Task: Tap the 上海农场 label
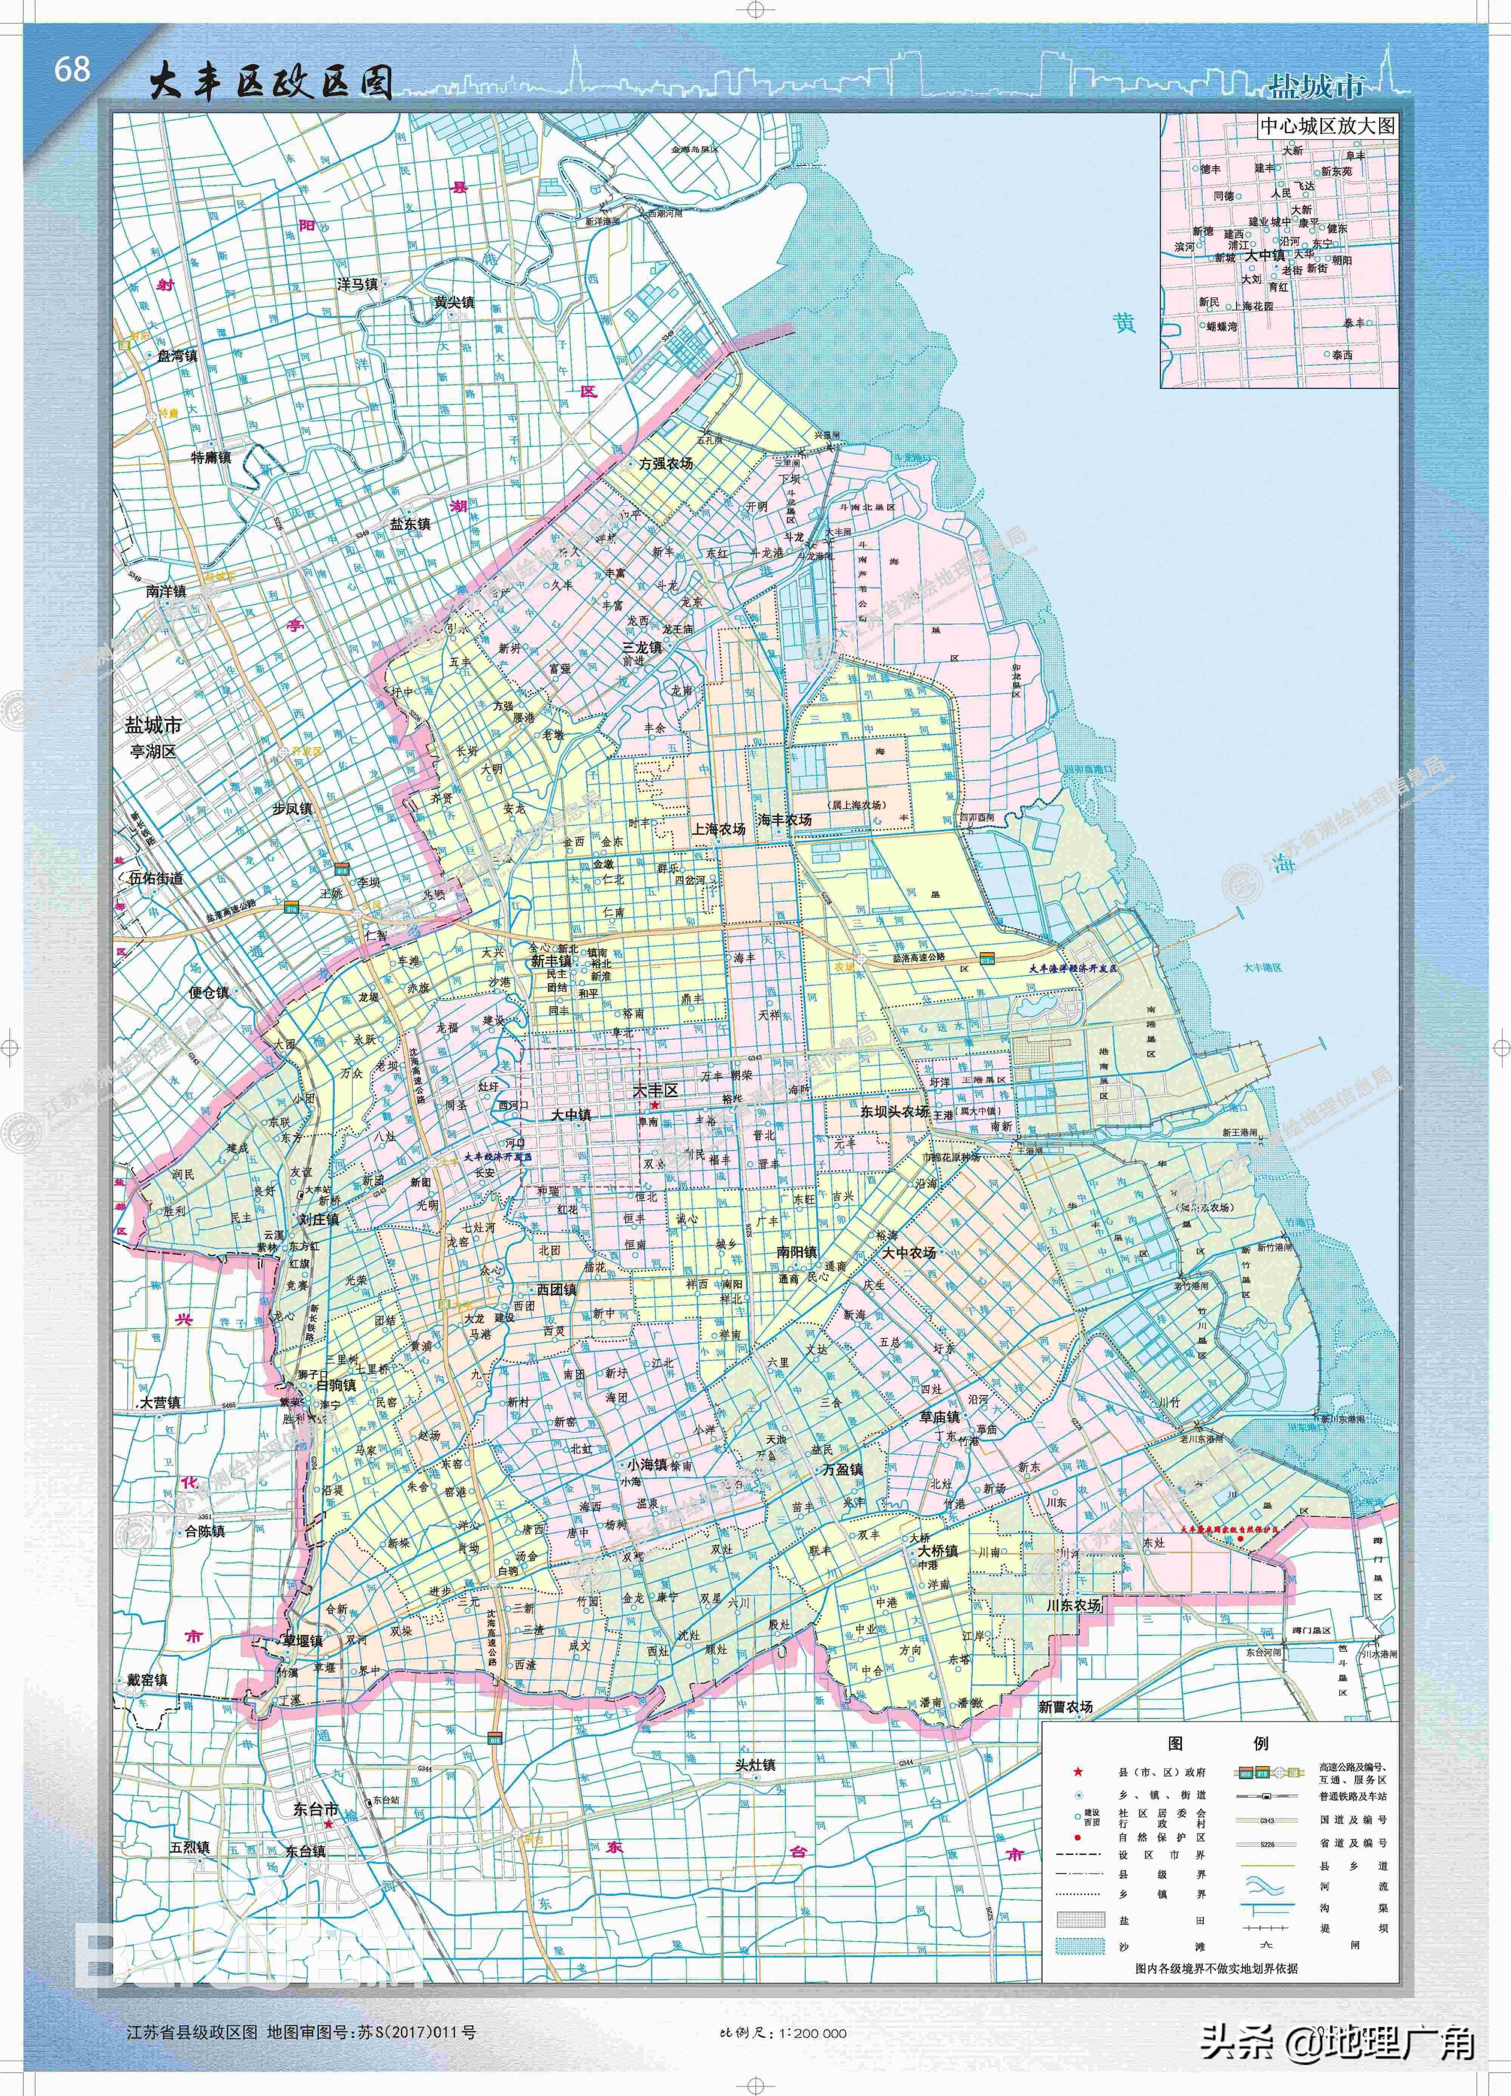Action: [x=718, y=829]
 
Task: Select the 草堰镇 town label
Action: [x=303, y=1640]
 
